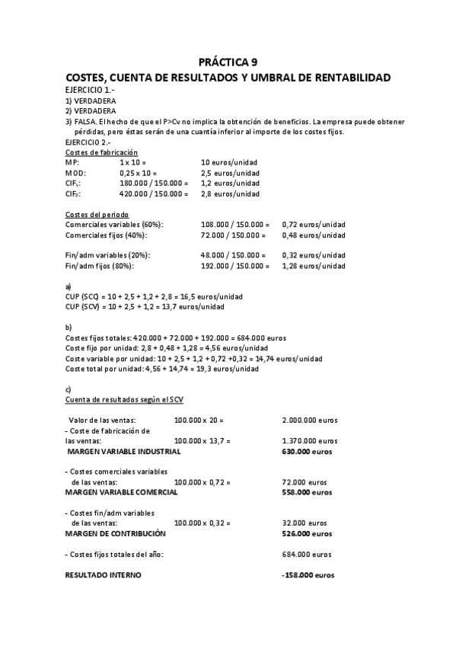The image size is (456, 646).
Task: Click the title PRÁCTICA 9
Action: coord(228,62)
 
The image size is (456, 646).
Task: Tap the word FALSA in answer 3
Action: coord(85,121)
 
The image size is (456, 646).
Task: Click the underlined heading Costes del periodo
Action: coord(96,214)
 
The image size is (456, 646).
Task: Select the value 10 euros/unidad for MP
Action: coord(228,162)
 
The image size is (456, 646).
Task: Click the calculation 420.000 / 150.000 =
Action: coord(153,193)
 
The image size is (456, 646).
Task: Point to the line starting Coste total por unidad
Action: coord(161,369)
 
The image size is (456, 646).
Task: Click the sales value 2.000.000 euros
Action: coord(309,420)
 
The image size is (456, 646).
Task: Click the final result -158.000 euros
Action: coord(308,575)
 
